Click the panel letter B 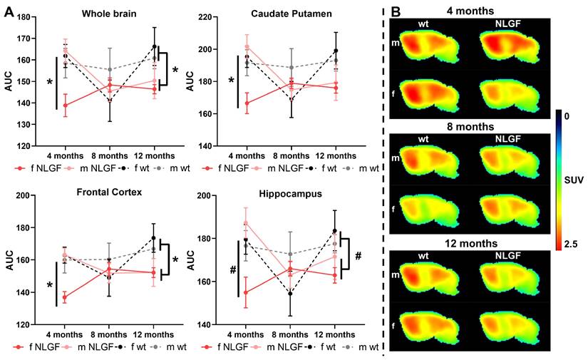pos(397,12)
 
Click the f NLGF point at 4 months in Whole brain pos(66,106)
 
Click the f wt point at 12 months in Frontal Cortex pos(154,238)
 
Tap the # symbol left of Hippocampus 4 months pos(232,269)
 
